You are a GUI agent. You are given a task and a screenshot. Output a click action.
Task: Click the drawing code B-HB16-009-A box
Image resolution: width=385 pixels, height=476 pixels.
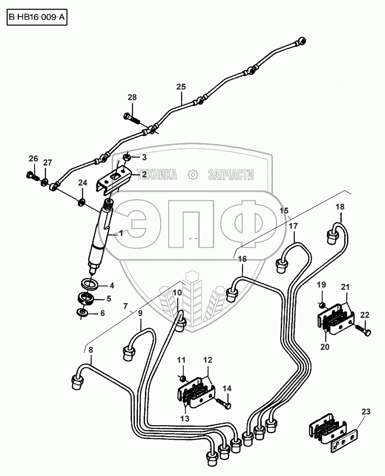tap(37, 19)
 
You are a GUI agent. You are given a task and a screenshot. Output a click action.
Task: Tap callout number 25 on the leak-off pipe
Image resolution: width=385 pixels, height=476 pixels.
tap(181, 87)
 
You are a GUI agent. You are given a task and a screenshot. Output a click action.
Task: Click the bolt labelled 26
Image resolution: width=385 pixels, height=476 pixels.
tap(31, 176)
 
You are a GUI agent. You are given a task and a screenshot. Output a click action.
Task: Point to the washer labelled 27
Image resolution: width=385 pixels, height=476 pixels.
tap(45, 180)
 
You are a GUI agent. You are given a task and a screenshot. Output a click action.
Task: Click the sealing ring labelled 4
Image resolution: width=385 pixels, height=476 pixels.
tap(90, 284)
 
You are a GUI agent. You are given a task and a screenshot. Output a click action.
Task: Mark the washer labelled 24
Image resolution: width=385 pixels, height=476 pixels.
tap(81, 202)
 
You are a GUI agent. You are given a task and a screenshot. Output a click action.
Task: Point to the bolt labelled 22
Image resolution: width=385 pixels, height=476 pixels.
tap(363, 329)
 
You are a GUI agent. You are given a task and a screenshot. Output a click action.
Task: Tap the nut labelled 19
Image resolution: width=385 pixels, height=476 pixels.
tap(321, 304)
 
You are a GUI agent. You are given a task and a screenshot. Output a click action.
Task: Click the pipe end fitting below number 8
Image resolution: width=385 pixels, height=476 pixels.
tap(77, 381)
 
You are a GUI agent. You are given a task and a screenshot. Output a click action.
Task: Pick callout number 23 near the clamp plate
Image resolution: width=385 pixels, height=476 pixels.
tap(366, 412)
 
